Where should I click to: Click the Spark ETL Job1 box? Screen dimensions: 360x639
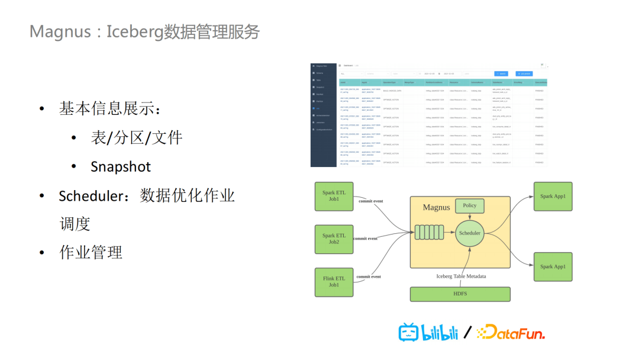click(x=334, y=196)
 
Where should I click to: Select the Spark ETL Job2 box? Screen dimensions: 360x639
click(x=334, y=239)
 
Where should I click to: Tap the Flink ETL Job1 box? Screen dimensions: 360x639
click(x=334, y=282)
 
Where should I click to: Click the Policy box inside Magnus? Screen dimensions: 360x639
click(x=469, y=206)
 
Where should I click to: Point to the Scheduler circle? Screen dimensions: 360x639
click(x=470, y=233)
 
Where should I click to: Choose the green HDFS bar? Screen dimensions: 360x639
click(x=460, y=294)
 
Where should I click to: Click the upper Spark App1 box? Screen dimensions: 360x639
click(x=553, y=196)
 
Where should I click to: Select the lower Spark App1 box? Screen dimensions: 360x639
click(x=553, y=266)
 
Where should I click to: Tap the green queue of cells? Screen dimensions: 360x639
click(x=429, y=233)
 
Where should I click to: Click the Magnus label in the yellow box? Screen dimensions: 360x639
click(x=436, y=208)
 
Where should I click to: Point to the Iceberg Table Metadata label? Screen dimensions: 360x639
click(x=461, y=277)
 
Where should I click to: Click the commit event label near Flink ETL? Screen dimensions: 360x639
click(x=368, y=277)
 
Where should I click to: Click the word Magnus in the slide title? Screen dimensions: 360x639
click(x=59, y=31)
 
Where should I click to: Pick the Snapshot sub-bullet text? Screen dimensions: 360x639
click(x=121, y=167)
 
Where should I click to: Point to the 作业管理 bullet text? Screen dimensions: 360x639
click(x=91, y=252)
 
